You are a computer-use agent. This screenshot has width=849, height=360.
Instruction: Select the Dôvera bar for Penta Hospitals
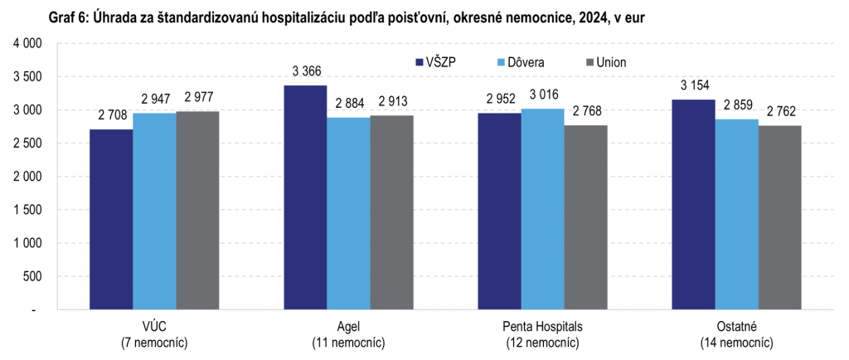click(x=542, y=209)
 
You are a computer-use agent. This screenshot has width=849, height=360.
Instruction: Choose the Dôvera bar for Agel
click(x=348, y=213)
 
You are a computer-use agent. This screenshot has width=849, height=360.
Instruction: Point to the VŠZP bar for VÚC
click(x=111, y=219)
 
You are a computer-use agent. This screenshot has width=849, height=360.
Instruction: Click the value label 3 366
click(x=305, y=71)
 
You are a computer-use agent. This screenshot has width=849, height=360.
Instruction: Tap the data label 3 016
click(x=542, y=95)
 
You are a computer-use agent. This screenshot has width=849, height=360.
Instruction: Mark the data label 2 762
click(x=779, y=111)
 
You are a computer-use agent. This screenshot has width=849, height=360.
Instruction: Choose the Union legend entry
click(x=606, y=62)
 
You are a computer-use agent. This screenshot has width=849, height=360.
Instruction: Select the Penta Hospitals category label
click(x=542, y=327)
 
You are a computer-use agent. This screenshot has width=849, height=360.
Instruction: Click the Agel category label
click(x=348, y=327)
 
